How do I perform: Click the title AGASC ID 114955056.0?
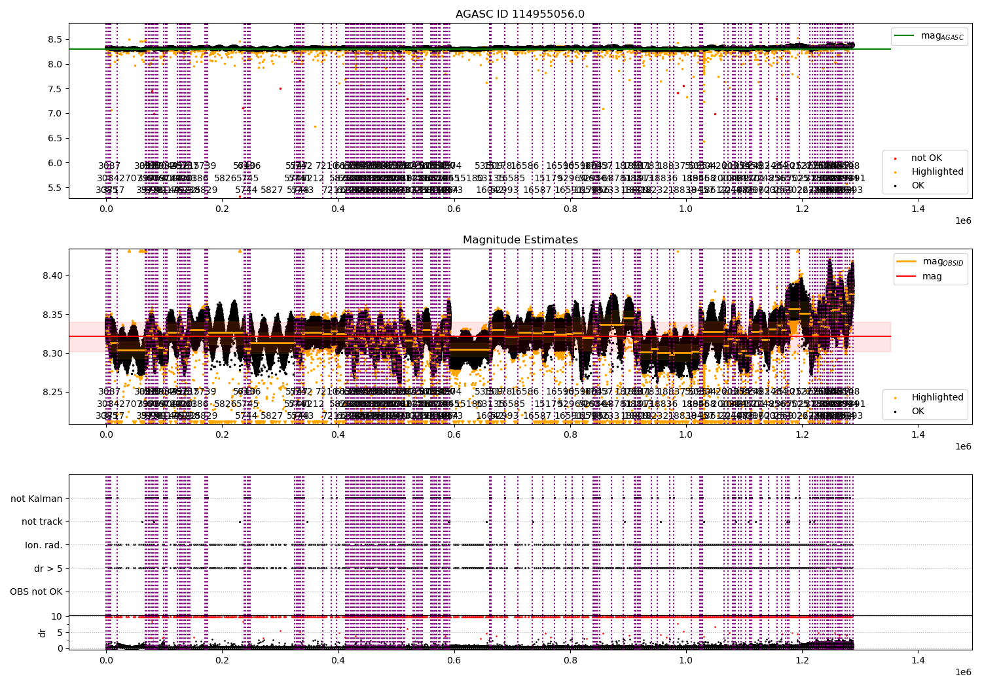pos(520,14)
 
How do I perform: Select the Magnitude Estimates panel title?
pos(520,240)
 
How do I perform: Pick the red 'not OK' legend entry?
pos(926,158)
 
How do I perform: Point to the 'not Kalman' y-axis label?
pos(37,499)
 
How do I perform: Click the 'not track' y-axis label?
pos(42,521)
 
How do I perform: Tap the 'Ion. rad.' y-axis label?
pos(44,545)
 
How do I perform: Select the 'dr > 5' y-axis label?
pos(48,569)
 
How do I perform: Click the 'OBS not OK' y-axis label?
pos(36,592)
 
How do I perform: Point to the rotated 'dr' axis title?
pos(43,632)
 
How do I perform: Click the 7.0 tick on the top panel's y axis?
pos(54,113)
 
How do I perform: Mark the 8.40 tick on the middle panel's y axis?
pos(51,275)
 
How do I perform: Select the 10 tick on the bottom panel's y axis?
pos(57,616)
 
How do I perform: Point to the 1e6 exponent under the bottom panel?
pos(962,672)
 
